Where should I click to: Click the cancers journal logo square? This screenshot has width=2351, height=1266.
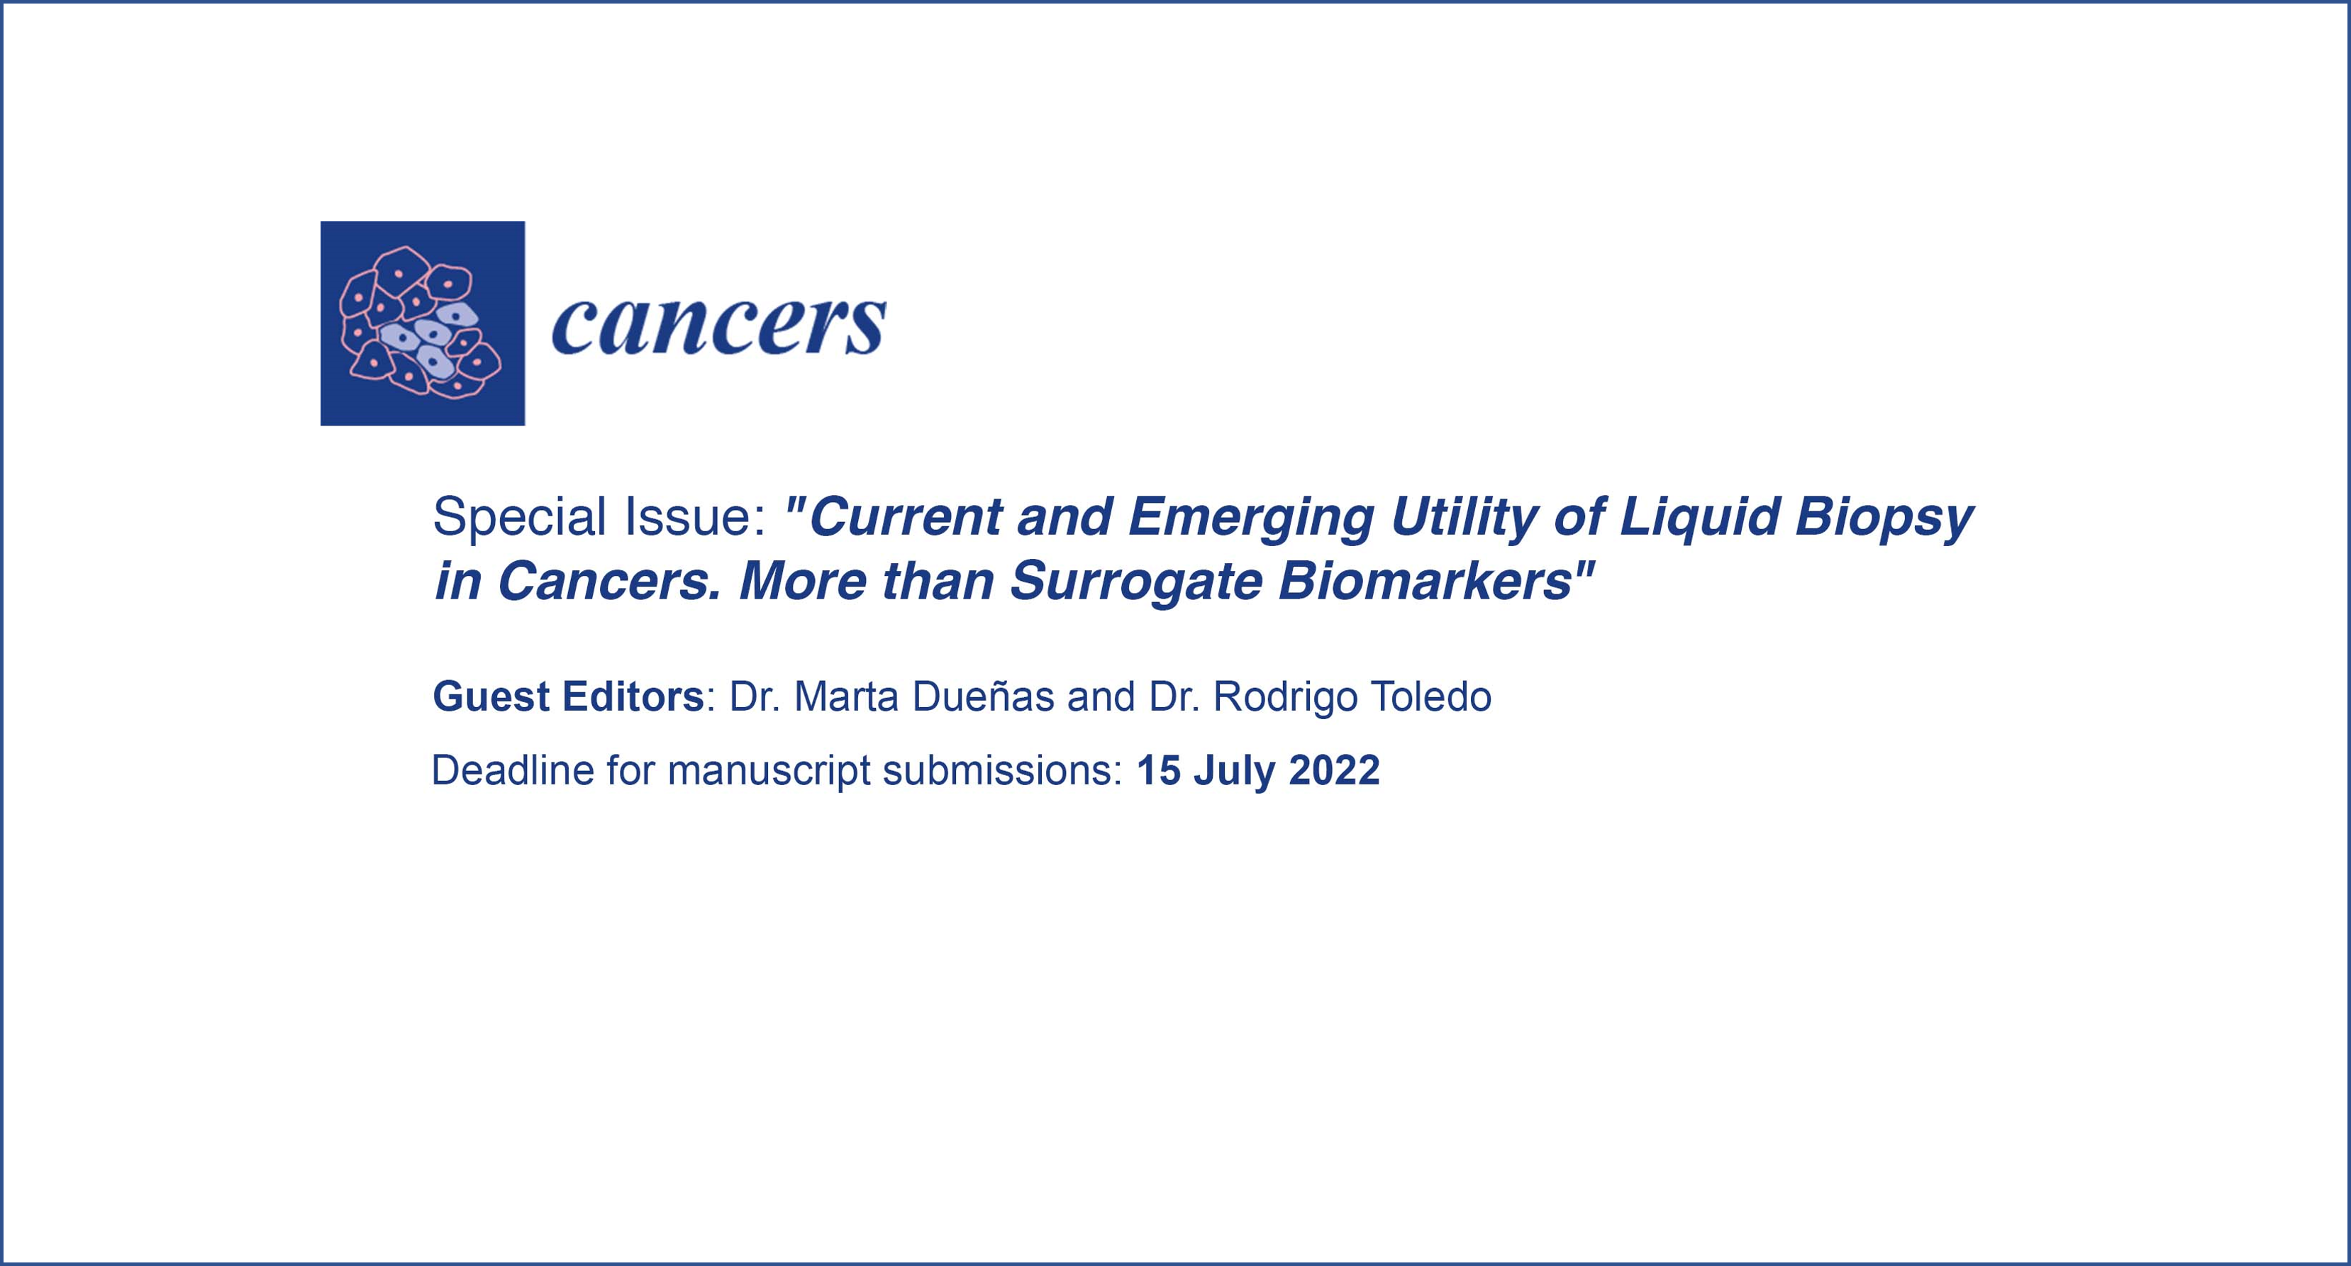click(423, 323)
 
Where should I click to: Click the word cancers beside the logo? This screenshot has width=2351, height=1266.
click(719, 325)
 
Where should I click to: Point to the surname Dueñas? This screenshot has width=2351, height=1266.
click(983, 697)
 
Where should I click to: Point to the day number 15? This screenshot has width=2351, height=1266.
click(1159, 771)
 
